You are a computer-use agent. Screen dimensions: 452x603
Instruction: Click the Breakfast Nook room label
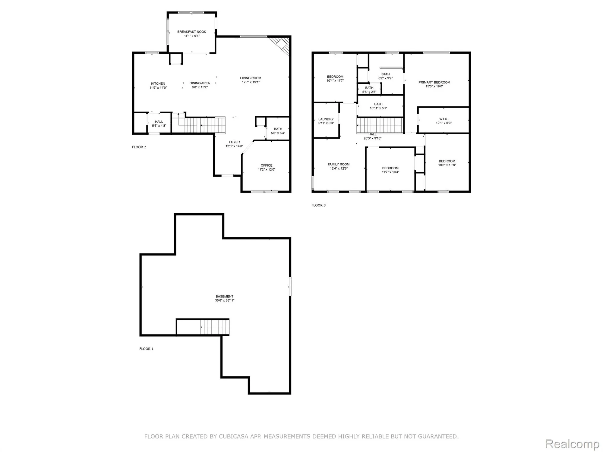pos(191,32)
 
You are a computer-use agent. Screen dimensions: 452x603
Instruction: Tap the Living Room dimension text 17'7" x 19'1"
pos(250,82)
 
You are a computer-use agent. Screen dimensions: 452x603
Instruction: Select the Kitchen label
pos(158,83)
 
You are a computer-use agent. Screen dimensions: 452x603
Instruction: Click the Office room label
pos(266,165)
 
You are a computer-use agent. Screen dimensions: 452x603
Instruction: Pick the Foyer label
pos(234,142)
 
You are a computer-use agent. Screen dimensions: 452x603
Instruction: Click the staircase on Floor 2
pos(205,125)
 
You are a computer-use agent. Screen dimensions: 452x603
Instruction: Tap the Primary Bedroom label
pos(434,82)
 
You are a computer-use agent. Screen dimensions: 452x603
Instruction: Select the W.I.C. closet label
pos(444,119)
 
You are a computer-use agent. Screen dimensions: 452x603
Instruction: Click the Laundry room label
pos(326,119)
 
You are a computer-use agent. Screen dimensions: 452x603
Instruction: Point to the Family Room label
pos(339,164)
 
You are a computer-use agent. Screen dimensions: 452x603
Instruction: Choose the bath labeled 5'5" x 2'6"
pos(369,90)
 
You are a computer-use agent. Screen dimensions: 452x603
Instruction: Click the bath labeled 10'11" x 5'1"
pos(378,106)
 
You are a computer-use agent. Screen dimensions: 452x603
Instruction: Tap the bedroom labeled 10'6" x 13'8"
pos(447,163)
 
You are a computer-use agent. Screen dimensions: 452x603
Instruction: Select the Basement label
pos(224,296)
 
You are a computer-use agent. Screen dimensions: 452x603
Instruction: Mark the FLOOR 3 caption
pos(318,205)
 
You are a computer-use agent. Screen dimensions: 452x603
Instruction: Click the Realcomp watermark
pos(572,444)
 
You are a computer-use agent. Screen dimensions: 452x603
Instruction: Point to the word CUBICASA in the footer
pos(234,436)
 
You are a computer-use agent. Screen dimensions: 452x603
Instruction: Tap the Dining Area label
pos(200,83)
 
